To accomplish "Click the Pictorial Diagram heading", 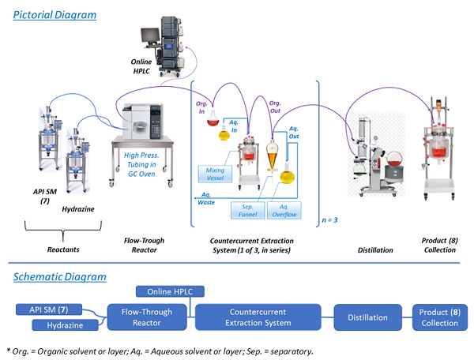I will point(55,15).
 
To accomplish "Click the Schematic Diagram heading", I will point(58,276).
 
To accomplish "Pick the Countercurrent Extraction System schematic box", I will point(257,317).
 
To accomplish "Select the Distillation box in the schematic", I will point(366,317).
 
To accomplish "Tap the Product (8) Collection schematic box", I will point(439,317).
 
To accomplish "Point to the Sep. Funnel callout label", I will point(246,211).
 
